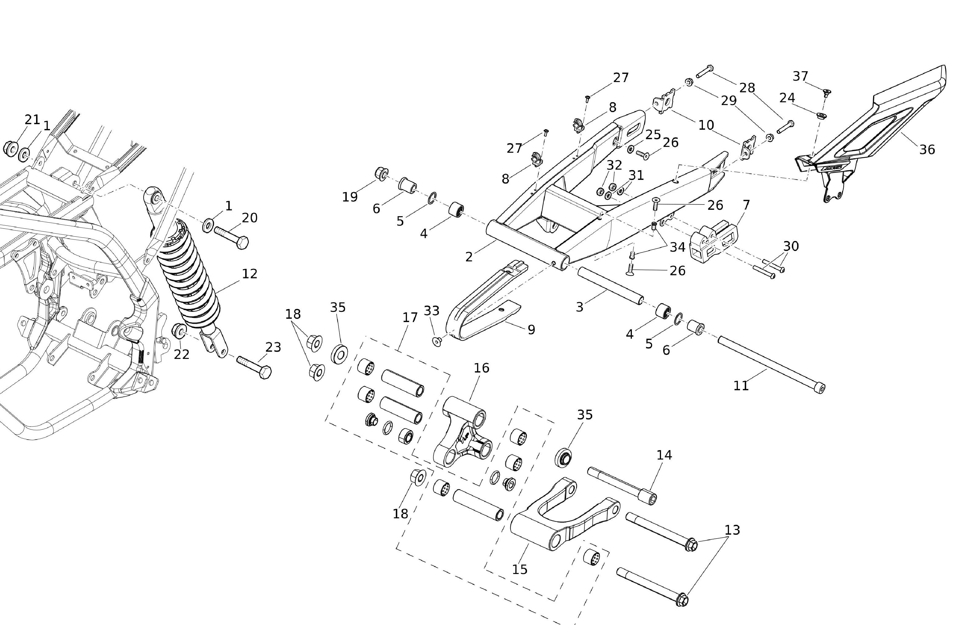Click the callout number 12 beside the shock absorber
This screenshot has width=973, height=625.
point(249,274)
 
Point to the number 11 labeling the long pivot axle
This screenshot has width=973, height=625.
point(741,386)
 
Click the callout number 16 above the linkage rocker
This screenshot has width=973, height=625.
point(481,368)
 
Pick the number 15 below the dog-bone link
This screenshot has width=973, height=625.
point(520,569)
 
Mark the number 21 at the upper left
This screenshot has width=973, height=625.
point(32,120)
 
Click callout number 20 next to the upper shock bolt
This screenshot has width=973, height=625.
point(249,218)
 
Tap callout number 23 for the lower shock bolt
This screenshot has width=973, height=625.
point(273,347)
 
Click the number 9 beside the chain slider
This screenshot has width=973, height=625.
point(531,330)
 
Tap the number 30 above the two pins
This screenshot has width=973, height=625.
point(791,246)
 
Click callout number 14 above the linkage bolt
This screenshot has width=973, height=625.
point(664,455)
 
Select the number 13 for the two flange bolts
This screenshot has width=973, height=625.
point(732,530)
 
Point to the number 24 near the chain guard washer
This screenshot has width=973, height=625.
point(787,98)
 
